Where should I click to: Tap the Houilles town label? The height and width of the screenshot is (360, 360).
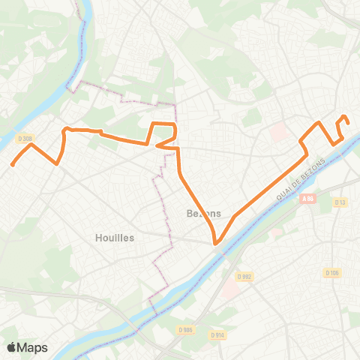[x=115, y=237]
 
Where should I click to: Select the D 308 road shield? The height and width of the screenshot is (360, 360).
[x=25, y=138]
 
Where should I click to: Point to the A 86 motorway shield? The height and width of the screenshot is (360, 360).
[x=306, y=199]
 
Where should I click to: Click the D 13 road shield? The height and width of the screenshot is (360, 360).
[x=340, y=202]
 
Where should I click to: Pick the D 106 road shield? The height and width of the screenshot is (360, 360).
[x=331, y=272]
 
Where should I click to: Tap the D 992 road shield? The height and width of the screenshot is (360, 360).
[x=245, y=276]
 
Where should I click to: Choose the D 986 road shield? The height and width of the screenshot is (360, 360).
[x=187, y=329]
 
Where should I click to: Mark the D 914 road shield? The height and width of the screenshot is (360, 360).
[x=218, y=334]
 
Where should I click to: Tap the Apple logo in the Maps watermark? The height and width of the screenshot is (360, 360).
[x=12, y=347]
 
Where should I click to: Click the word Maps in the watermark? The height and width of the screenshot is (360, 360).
[x=33, y=347]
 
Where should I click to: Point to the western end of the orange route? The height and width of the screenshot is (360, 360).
[x=12, y=164]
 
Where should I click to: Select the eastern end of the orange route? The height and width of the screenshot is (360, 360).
[x=348, y=123]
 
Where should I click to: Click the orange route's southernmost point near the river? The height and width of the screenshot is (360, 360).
[x=216, y=243]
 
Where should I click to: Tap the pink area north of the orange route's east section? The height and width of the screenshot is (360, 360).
[x=278, y=132]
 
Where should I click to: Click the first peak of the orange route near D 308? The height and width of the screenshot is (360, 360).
[x=30, y=145]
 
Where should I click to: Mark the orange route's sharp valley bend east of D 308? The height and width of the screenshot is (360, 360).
[x=57, y=163]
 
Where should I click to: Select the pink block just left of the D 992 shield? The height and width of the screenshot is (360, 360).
[x=275, y=232]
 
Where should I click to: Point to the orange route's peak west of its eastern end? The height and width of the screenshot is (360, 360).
[x=319, y=122]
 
